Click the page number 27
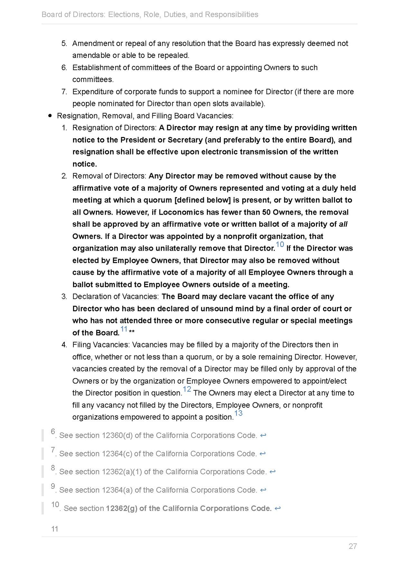(x=353, y=546)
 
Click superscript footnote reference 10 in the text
(x=280, y=245)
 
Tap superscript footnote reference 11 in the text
(x=124, y=329)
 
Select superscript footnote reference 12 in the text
(x=187, y=389)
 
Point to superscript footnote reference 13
(x=238, y=413)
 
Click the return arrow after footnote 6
(x=263, y=435)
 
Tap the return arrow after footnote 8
(x=272, y=472)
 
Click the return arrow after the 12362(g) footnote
(x=278, y=508)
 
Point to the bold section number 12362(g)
(x=121, y=508)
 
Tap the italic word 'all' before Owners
(x=343, y=224)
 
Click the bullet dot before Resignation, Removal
(x=50, y=116)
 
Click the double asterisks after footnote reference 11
(x=132, y=332)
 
